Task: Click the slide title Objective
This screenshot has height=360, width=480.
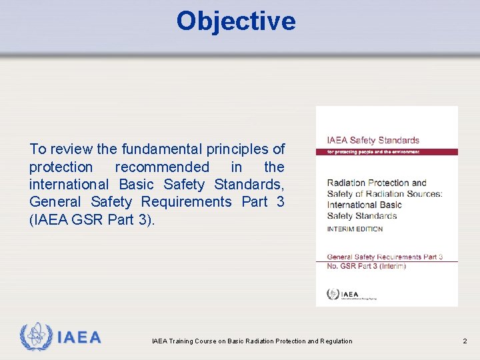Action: [235, 21]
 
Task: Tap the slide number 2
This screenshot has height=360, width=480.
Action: [465, 341]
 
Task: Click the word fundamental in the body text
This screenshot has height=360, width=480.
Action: [153, 149]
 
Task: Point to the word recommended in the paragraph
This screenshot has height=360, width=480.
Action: [162, 167]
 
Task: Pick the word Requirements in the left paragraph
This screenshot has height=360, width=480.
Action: [186, 201]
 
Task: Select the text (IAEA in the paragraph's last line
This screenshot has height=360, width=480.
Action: [49, 219]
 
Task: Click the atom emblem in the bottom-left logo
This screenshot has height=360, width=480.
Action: [35, 337]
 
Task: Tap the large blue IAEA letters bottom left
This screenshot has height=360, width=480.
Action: [79, 337]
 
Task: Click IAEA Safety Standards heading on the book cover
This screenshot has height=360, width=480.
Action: [373, 141]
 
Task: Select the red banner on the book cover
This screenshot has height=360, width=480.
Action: [387, 152]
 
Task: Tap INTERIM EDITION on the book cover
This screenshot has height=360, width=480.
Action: [355, 229]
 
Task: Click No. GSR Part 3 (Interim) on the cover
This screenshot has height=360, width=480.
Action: [366, 266]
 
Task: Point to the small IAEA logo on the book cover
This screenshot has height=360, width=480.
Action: [343, 294]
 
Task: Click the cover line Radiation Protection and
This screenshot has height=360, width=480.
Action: [377, 183]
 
